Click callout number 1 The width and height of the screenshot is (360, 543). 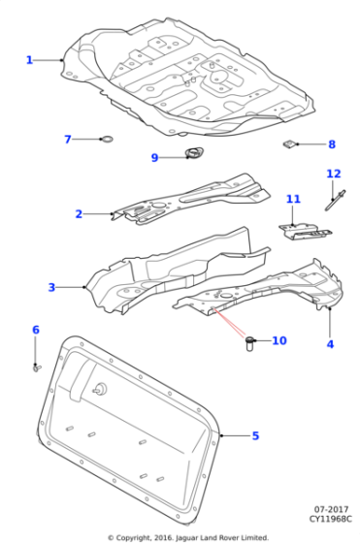[x=29, y=60]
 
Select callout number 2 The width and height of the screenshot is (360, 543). [x=80, y=214]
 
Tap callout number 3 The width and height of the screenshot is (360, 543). [x=51, y=287]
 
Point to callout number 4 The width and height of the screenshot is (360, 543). [x=330, y=344]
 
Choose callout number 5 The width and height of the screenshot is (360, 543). [x=255, y=436]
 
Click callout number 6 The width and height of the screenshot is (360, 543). [x=36, y=331]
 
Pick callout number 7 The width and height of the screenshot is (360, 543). [x=68, y=140]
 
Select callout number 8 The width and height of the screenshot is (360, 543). [x=331, y=144]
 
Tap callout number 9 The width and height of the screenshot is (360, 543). [x=154, y=158]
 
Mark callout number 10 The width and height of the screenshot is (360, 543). [x=279, y=340]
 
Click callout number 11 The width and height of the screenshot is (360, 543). [x=293, y=200]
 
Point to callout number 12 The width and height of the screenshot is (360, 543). [x=334, y=175]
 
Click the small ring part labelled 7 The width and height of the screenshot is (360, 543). [x=108, y=141]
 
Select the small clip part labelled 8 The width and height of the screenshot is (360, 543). [x=288, y=144]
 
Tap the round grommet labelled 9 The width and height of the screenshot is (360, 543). [x=195, y=152]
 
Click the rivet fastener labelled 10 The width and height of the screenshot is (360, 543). [x=249, y=342]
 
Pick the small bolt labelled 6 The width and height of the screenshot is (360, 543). [x=36, y=367]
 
